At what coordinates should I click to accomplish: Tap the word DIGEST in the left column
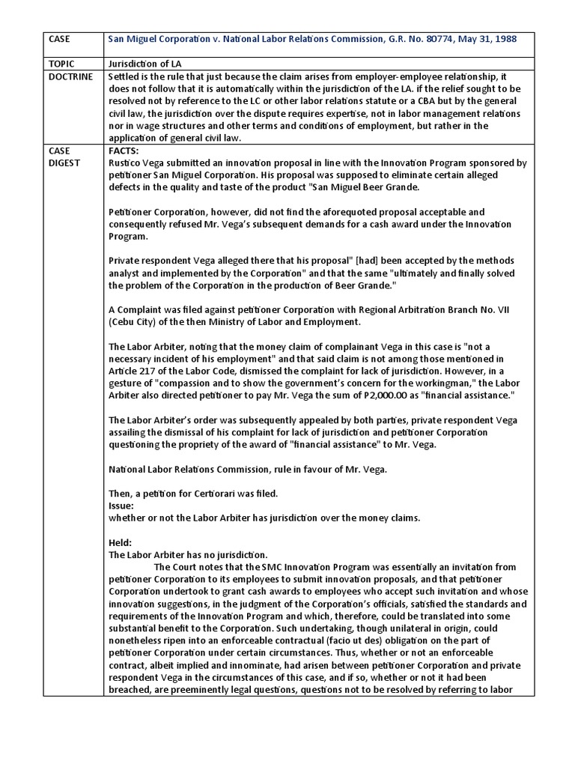[x=65, y=162]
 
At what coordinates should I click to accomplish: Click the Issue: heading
[x=122, y=506]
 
